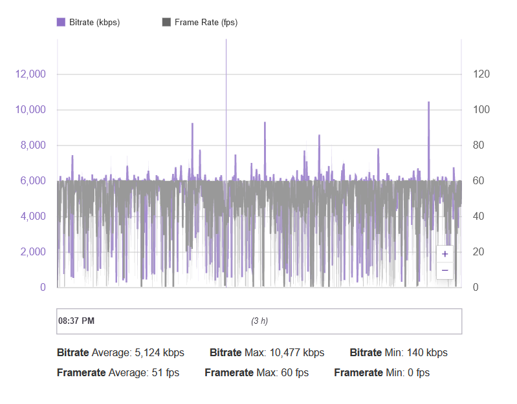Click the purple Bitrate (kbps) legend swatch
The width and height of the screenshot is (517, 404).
tap(61, 22)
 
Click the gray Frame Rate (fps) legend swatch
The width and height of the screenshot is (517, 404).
tap(166, 22)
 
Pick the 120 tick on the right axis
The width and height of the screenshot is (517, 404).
tap(481, 74)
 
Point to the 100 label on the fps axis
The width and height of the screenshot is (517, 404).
tap(481, 110)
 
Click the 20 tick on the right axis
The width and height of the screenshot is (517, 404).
tap(479, 251)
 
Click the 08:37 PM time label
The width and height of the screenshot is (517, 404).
tap(76, 321)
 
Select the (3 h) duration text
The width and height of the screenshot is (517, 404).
tap(259, 321)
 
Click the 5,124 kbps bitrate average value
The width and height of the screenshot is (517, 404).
tap(159, 353)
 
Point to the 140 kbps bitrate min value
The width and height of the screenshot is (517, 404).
tap(428, 353)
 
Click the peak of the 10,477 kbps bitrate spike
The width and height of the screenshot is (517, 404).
tap(428, 101)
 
